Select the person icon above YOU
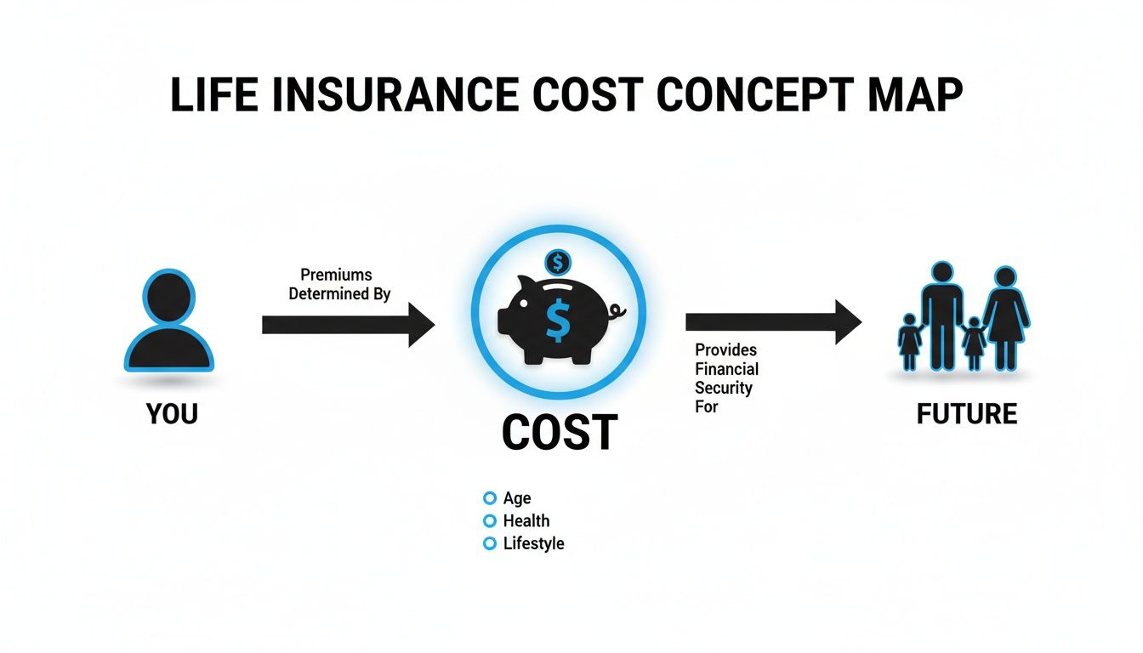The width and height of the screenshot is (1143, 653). coord(168,321)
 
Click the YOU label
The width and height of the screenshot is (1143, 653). coord(172,414)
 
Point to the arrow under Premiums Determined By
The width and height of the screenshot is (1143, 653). coord(348,324)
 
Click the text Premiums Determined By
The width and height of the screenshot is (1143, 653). coord(339,285)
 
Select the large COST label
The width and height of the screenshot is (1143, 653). coord(559,433)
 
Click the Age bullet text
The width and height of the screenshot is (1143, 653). coord(517,498)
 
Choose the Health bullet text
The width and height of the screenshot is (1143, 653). coord(526,520)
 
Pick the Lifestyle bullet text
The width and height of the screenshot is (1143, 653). coord(533,543)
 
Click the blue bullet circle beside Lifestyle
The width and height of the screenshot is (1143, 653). coord(489,543)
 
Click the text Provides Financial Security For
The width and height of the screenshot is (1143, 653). coord(726,378)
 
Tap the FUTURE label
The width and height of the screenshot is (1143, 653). coord(967,414)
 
